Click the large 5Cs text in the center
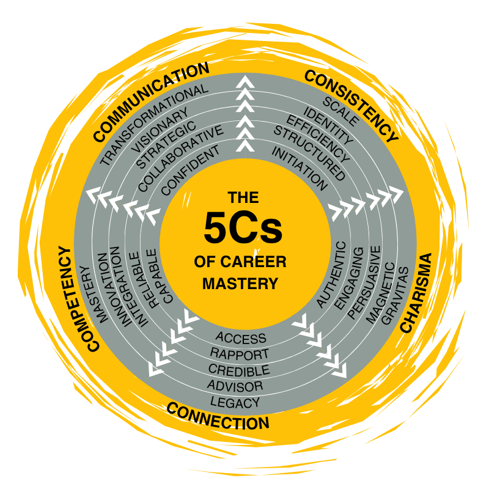(x=243, y=227)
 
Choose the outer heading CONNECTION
(x=218, y=416)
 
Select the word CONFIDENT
(x=191, y=171)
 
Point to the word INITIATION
(x=299, y=167)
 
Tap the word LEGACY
(x=235, y=402)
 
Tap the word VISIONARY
(x=162, y=137)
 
